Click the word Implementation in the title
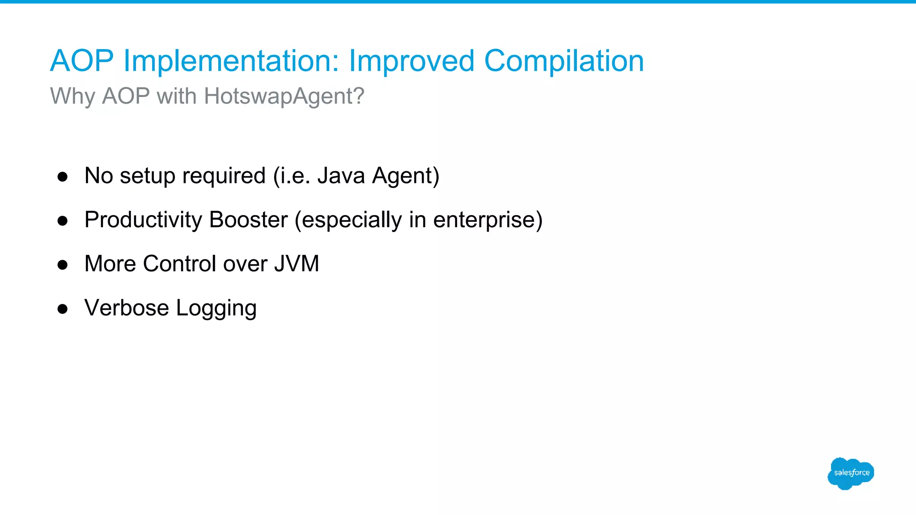[x=231, y=61]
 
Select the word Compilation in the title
[x=564, y=61]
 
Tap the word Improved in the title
[x=411, y=61]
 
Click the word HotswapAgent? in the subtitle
[x=284, y=96]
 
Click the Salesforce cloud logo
[x=851, y=473]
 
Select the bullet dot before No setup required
[x=63, y=177]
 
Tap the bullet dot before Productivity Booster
[x=63, y=221]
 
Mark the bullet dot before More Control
[x=63, y=265]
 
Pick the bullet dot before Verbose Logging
[x=63, y=309]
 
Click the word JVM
[x=297, y=263]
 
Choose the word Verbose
[x=127, y=308]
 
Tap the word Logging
[x=216, y=308]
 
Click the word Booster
[x=249, y=220]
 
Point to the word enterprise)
[x=488, y=220]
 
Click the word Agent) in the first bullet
[x=406, y=176]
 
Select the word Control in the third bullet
[x=180, y=263]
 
